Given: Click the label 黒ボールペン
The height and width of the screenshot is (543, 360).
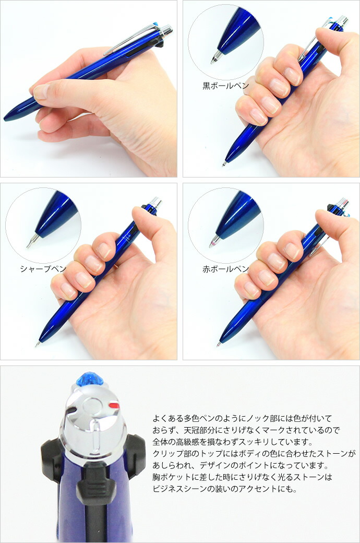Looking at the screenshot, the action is click(225, 86).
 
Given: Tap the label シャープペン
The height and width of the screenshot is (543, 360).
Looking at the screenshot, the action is click(43, 268).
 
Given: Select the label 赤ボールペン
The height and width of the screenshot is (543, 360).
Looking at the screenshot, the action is click(225, 268).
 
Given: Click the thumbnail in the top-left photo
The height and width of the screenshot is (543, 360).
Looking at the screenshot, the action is click(41, 91).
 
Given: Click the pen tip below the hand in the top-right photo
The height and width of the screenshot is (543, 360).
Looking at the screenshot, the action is click(225, 163).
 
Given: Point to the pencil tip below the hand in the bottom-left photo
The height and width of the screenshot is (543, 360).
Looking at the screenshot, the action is click(37, 344).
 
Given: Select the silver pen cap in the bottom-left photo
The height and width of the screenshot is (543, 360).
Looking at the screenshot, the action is click(156, 202).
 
